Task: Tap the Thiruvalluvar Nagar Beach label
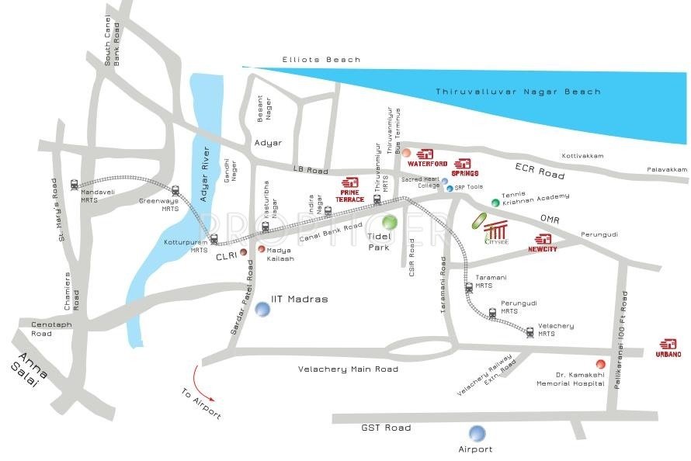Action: point(518,92)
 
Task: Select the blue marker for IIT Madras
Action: point(263,309)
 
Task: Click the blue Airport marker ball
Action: point(477,433)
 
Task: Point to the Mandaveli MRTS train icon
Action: point(74,185)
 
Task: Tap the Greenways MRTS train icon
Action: point(175,190)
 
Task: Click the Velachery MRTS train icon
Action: point(530,332)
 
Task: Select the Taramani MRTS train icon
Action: point(468,288)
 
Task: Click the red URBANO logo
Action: point(668,348)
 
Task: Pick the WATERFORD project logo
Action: point(428,158)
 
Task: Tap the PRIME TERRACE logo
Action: point(349,188)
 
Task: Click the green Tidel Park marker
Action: point(390,223)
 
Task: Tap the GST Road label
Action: point(386,428)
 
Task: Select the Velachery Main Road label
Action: point(348,369)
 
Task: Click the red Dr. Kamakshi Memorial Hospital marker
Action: point(600,364)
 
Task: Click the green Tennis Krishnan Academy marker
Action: point(495,203)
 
